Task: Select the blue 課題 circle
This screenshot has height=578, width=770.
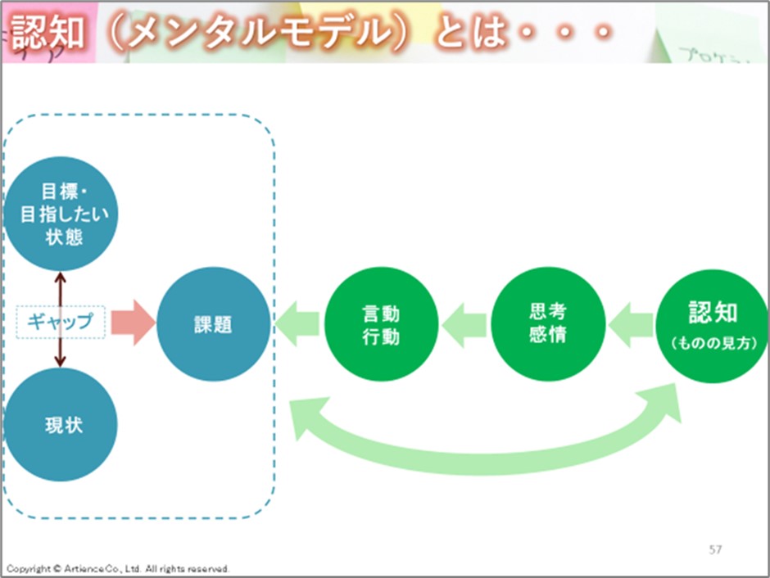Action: [x=214, y=324]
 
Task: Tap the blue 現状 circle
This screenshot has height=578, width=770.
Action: [x=61, y=426]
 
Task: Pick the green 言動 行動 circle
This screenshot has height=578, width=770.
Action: [x=381, y=324]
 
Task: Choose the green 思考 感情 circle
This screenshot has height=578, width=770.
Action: [x=547, y=324]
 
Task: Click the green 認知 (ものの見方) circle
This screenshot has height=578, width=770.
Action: [x=713, y=324]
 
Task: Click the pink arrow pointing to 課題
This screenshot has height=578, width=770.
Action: [x=132, y=323]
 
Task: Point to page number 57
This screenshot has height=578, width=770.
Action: [x=715, y=549]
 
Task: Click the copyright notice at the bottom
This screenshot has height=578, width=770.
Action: [x=118, y=568]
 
